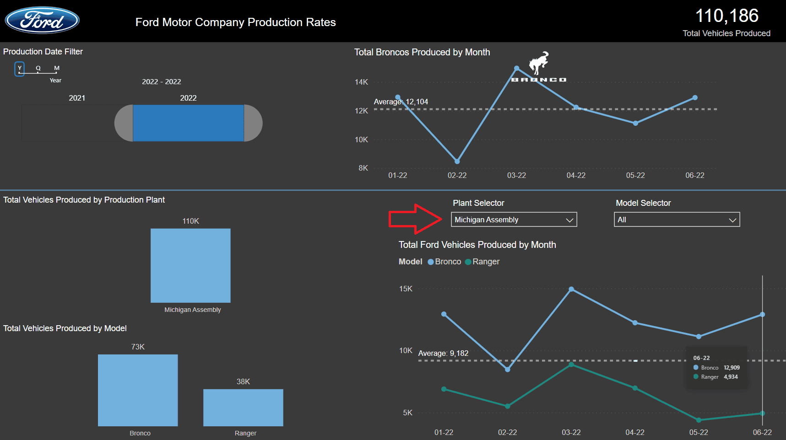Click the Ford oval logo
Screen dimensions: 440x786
click(x=42, y=21)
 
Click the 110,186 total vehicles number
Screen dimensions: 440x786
click(x=726, y=16)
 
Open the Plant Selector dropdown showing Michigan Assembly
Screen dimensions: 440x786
click(x=514, y=220)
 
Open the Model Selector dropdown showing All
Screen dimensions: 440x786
click(x=677, y=220)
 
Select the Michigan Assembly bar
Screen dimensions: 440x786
click(x=190, y=265)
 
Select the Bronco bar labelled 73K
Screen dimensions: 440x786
click(x=138, y=390)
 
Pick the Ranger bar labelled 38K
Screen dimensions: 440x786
click(x=243, y=408)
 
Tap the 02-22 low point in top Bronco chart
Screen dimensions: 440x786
click(x=457, y=161)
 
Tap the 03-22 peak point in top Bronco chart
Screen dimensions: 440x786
click(x=516, y=68)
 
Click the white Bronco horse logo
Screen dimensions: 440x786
click(x=539, y=63)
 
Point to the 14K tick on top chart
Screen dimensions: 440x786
click(x=361, y=82)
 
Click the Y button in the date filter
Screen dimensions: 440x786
click(x=19, y=69)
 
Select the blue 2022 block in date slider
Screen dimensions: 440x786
click(x=188, y=123)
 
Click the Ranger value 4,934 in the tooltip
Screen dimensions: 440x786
click(x=731, y=377)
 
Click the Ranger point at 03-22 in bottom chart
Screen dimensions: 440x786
click(x=571, y=365)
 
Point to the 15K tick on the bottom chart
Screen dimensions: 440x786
click(x=406, y=289)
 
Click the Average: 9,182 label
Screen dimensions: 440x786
click(x=443, y=353)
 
